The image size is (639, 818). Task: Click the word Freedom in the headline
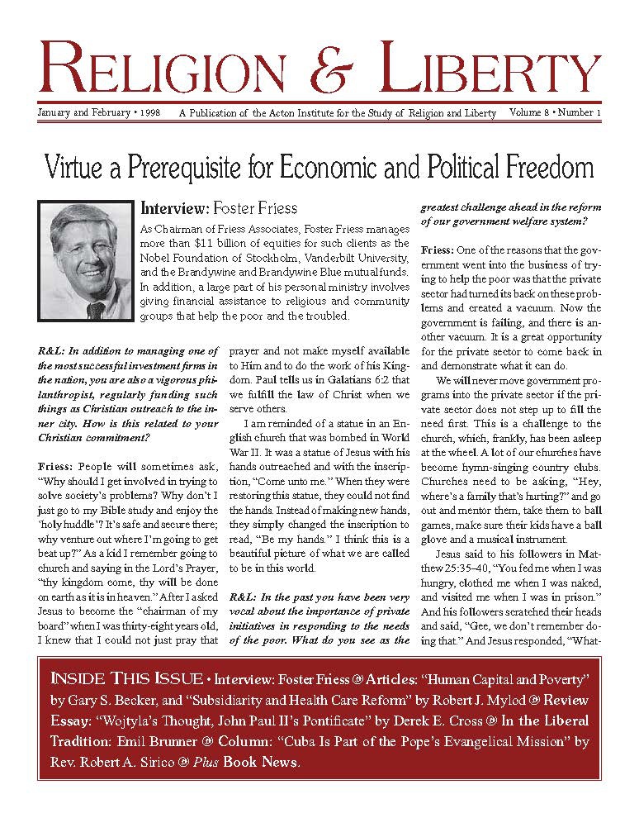[542, 169]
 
